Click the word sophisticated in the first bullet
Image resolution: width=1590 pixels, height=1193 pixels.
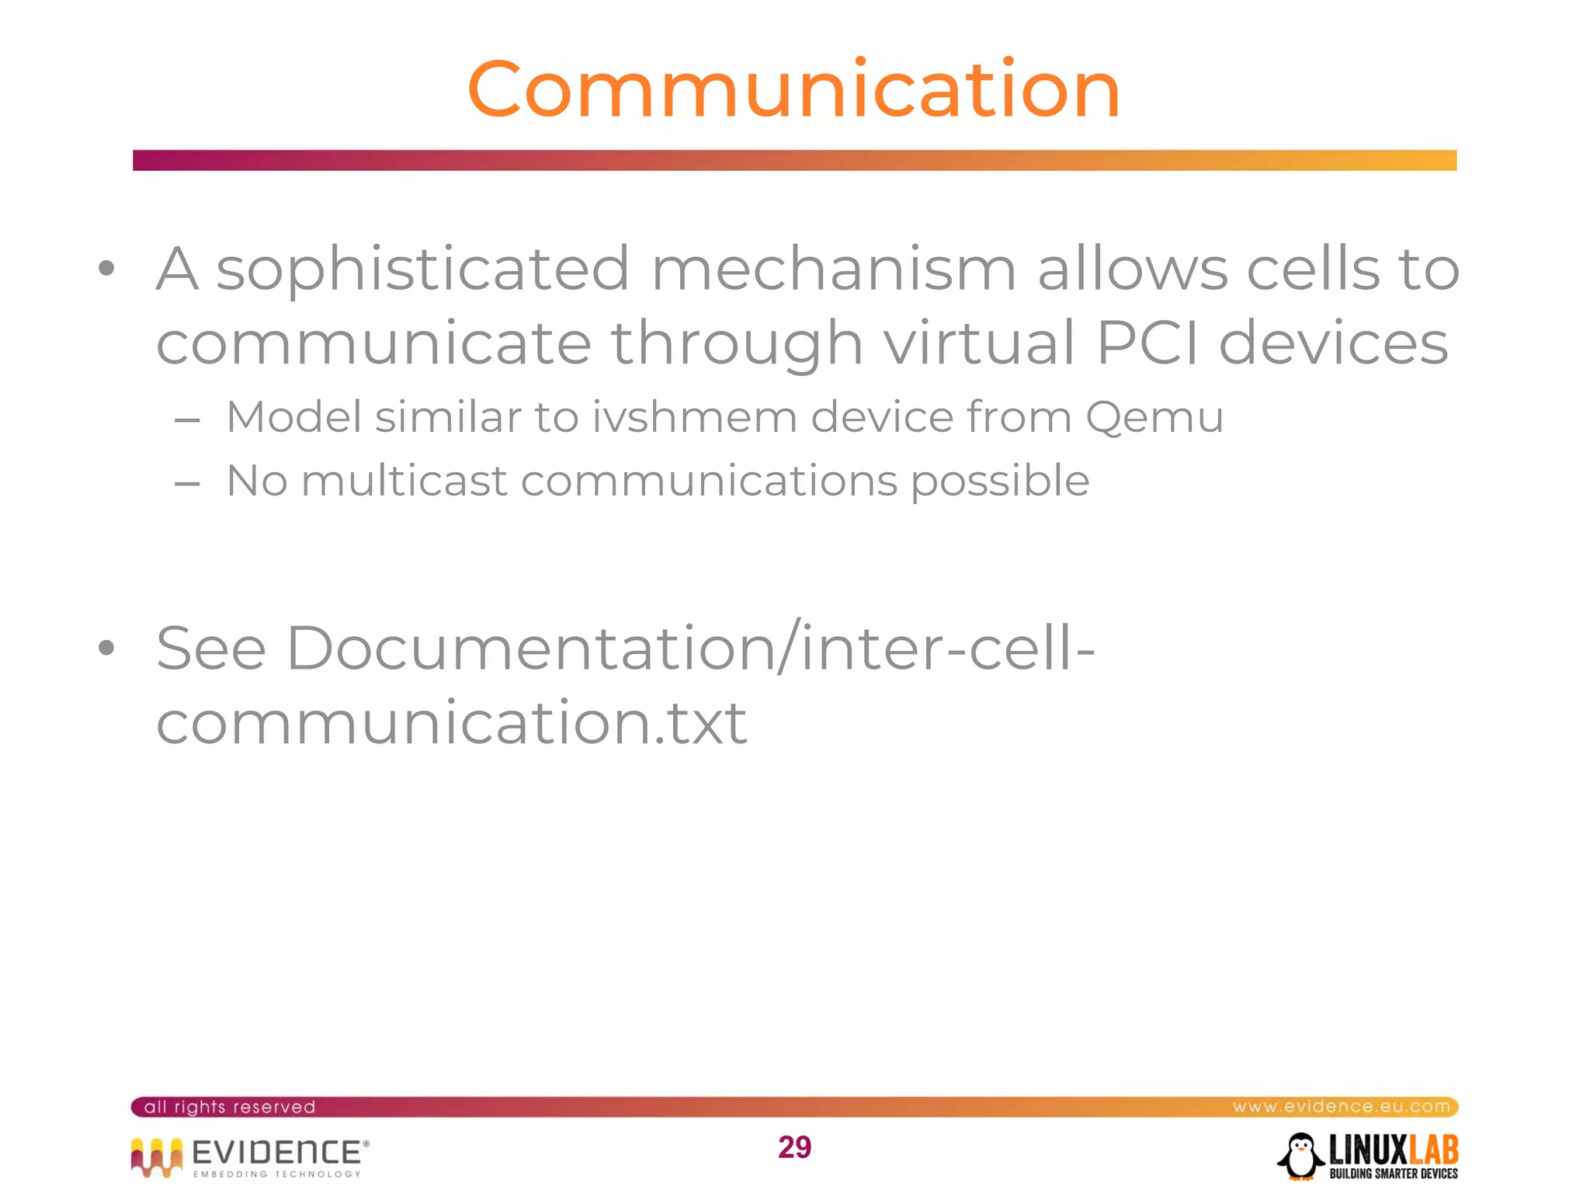point(423,270)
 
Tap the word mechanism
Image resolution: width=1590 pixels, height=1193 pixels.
point(833,270)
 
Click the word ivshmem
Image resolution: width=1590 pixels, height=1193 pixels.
point(694,417)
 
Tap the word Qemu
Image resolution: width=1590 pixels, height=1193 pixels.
point(1154,419)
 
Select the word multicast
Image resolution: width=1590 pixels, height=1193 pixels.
point(404,481)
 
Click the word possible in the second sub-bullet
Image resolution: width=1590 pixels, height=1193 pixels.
point(1000,482)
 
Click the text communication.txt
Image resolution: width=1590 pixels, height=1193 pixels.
point(451,722)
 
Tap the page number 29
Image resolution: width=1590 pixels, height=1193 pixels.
point(794,1147)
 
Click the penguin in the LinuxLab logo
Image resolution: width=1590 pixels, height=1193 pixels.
point(1300,1156)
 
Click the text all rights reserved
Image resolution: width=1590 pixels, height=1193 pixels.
point(230,1107)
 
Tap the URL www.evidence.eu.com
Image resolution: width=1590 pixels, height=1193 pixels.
point(1341,1107)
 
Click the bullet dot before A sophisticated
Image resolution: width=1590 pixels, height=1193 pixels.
point(107,270)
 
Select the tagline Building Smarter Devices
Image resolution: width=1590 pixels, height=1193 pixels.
point(1393,1174)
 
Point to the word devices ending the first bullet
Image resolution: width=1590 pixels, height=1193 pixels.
point(1333,343)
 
